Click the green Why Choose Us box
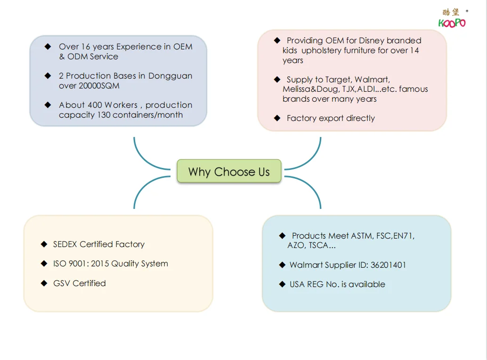[x=229, y=171]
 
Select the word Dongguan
[x=170, y=76]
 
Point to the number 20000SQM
[x=99, y=86]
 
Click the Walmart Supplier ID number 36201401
[x=388, y=265]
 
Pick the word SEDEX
[x=65, y=244]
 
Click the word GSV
[x=62, y=283]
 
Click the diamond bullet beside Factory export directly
[x=277, y=118]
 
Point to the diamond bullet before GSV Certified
[x=44, y=283]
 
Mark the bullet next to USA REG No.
[x=282, y=284]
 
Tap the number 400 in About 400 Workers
[x=95, y=105]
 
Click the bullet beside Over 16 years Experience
[x=48, y=47]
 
